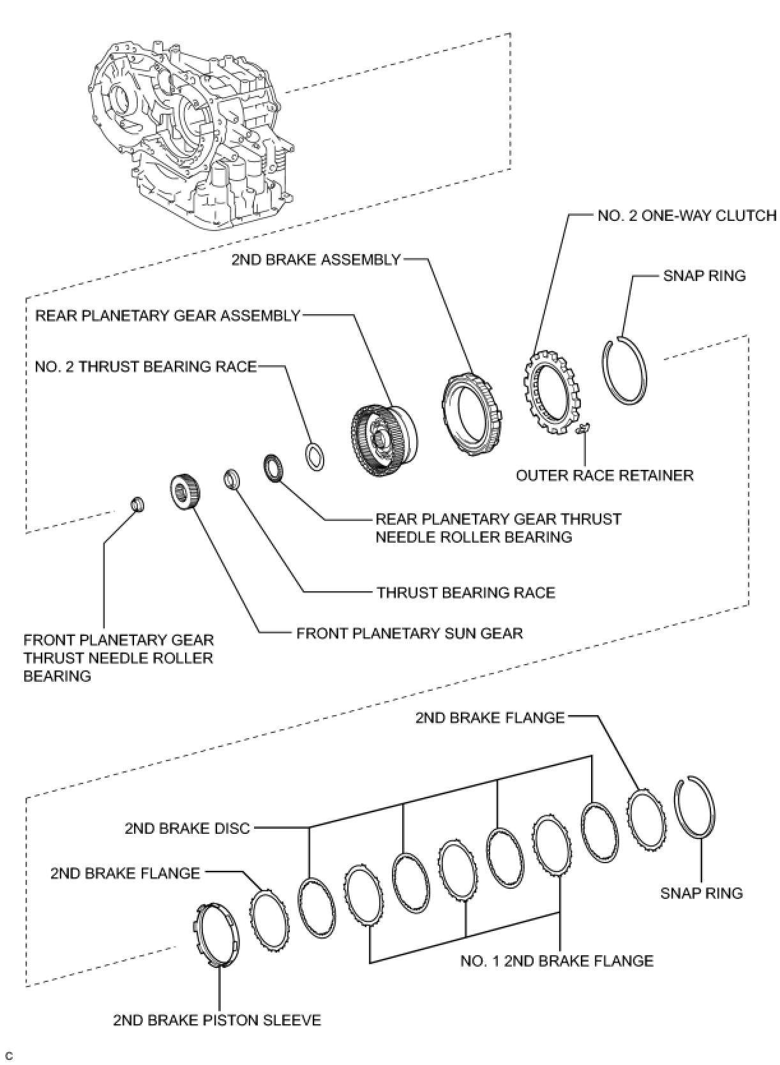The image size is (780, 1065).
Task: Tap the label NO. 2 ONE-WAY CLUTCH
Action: tap(687, 215)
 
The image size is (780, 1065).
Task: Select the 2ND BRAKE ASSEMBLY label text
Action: tap(315, 260)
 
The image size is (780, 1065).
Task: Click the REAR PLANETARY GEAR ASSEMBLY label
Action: tap(167, 316)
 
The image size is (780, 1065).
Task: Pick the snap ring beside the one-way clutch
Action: tap(625, 371)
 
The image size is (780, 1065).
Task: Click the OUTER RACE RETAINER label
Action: tap(604, 476)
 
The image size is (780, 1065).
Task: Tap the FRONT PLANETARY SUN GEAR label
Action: tap(409, 633)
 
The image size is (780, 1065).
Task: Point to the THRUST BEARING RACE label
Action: tap(466, 593)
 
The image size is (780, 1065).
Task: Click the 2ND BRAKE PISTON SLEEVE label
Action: tap(217, 1020)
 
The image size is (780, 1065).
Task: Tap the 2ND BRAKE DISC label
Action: tap(187, 829)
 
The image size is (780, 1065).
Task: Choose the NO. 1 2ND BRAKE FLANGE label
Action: tap(557, 961)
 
